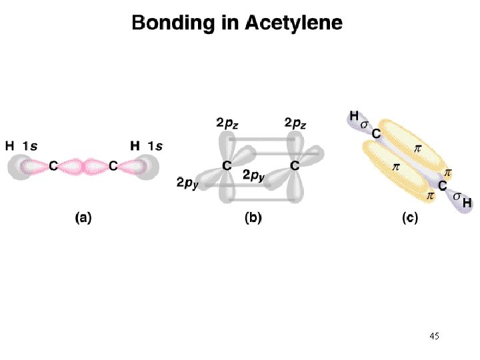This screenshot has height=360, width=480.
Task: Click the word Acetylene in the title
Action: point(293,23)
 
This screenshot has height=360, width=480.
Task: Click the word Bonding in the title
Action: point(173,23)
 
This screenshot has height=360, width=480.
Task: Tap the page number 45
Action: point(435,336)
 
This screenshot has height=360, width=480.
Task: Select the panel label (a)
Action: point(83,217)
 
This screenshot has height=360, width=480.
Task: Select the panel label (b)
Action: point(253,217)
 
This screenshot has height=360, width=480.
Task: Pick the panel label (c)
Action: point(410,217)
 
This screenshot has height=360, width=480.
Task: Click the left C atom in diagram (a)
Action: point(53,166)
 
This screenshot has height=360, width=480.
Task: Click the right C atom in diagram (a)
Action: point(113,166)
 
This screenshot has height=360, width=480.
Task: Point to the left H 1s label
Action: point(21,146)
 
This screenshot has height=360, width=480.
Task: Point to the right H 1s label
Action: point(146,146)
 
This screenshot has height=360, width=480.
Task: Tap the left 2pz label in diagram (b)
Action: point(227,123)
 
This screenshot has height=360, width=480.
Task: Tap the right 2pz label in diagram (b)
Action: point(295,123)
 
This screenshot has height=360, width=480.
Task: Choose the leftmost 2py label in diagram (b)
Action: point(187,183)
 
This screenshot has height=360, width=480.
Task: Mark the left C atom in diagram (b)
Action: point(227,165)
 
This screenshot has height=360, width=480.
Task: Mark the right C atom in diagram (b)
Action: point(295,165)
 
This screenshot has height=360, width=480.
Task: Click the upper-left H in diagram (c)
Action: point(354,116)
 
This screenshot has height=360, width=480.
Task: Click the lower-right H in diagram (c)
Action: point(467,203)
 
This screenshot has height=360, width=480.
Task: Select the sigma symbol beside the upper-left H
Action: point(364,125)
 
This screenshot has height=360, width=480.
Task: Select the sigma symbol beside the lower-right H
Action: point(457,196)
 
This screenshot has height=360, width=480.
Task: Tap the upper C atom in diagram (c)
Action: point(376,134)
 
